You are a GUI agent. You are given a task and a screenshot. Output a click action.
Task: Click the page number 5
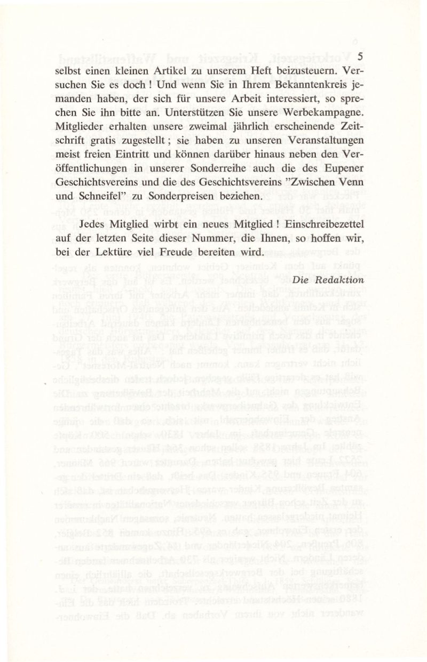click(x=360, y=56)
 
